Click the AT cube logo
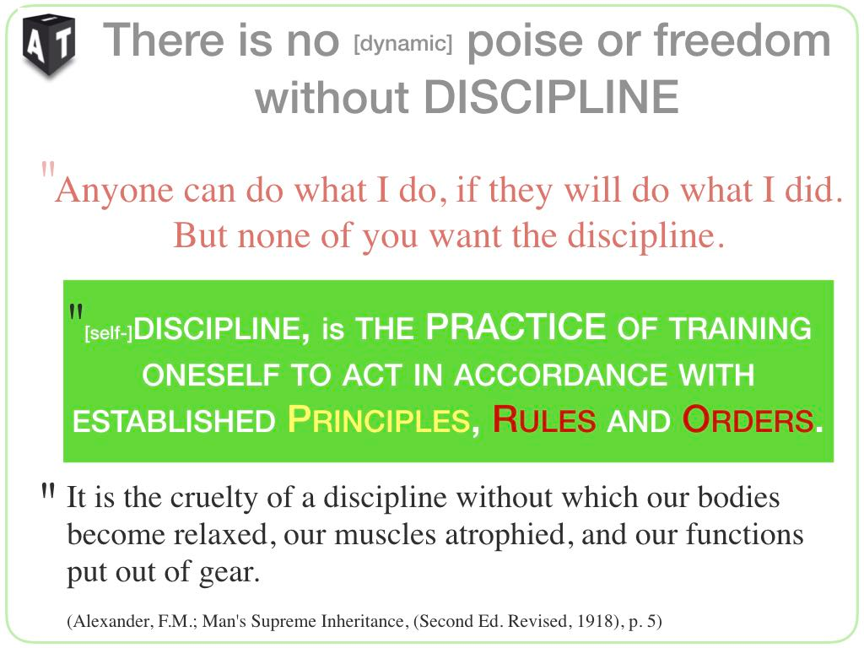49,45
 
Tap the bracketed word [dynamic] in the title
402,43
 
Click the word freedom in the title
742,40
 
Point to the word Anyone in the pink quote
115,191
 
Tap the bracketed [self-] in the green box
108,332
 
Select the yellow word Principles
379,420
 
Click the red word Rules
544,420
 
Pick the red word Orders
748,420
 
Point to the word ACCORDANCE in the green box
561,375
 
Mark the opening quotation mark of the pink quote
48,168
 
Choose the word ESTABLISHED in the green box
174,422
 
